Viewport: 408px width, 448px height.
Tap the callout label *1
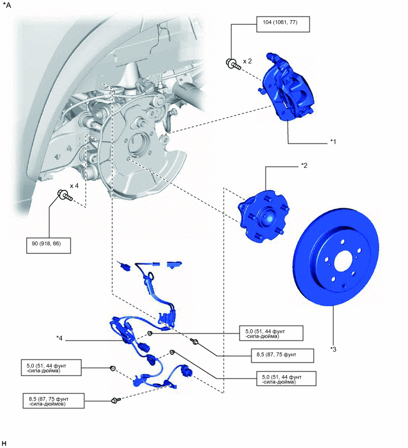[334, 142]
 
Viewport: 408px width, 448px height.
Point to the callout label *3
[333, 349]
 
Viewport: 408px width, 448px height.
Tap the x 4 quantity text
[75, 186]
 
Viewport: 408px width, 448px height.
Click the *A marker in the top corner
[7, 5]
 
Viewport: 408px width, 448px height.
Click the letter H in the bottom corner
[4, 443]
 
